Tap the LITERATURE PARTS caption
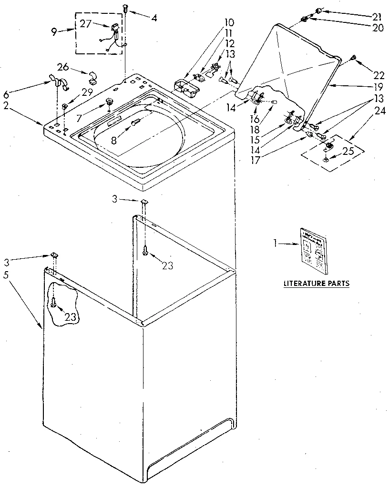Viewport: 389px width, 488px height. coord(317,284)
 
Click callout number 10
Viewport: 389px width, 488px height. coord(229,22)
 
